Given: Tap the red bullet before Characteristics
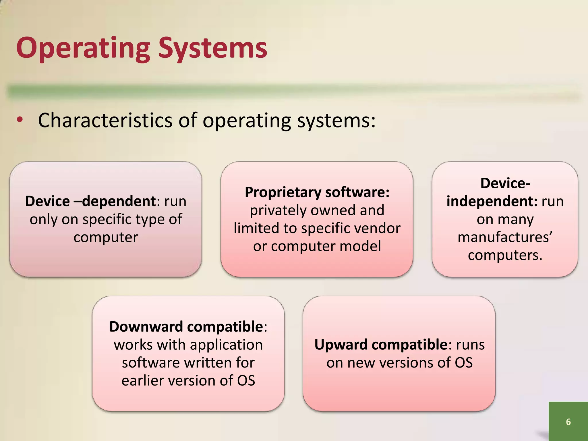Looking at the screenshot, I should tap(20, 121).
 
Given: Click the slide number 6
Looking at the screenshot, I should tap(568, 421).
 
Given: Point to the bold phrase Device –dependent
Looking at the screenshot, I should tap(90, 201).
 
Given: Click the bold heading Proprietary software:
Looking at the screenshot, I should tap(317, 192).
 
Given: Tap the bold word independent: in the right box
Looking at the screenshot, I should tap(492, 201).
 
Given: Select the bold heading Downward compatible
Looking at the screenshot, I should tap(186, 327).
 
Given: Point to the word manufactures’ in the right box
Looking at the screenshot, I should tap(505, 237).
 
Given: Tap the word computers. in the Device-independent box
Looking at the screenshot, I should tap(505, 255).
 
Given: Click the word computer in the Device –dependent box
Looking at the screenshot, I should tap(106, 237).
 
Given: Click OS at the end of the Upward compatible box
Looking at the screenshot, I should tap(464, 363).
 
